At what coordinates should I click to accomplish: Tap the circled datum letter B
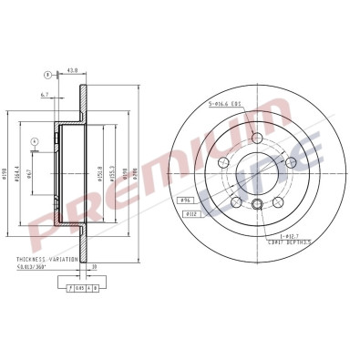point(48,74)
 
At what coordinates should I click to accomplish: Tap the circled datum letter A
point(34,141)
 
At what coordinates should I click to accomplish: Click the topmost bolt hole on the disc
point(257,138)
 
